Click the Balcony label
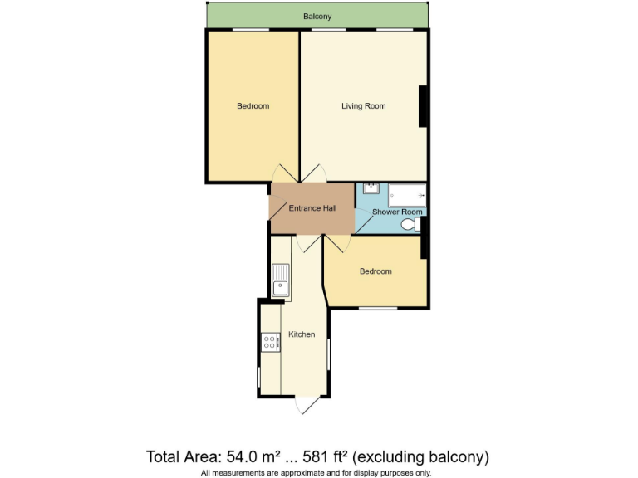click(317, 16)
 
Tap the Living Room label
click(363, 106)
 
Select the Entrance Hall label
click(312, 208)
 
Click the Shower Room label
click(397, 212)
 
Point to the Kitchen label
click(301, 334)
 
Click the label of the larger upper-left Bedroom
click(253, 106)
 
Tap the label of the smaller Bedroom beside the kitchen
click(375, 271)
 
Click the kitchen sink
click(282, 280)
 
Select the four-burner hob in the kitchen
click(270, 341)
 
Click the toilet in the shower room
click(410, 225)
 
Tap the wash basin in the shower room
click(371, 188)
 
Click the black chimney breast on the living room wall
click(424, 106)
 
